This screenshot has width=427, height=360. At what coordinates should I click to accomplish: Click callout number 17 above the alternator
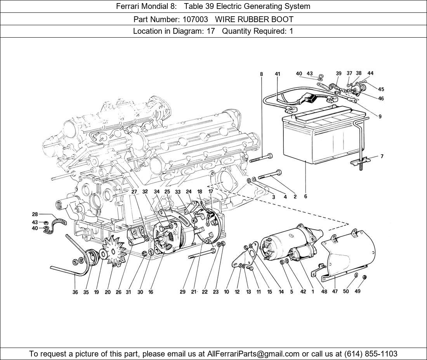(211, 192)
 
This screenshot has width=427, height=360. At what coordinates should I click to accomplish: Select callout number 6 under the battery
(305, 197)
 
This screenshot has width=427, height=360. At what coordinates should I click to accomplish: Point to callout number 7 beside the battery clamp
(382, 156)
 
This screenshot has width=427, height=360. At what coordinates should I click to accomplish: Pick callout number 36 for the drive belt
(75, 292)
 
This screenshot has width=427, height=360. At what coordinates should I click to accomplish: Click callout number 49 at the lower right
(358, 291)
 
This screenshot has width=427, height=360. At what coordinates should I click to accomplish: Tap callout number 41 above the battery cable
(277, 74)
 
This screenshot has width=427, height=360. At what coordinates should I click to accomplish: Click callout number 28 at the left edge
(35, 214)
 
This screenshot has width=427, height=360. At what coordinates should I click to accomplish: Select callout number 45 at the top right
(381, 89)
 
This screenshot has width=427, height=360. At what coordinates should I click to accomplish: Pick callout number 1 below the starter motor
(312, 292)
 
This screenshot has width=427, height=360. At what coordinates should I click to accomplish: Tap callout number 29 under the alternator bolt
(182, 292)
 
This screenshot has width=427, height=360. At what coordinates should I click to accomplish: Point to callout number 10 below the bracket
(226, 292)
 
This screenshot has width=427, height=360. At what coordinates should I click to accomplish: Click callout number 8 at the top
(261, 74)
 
